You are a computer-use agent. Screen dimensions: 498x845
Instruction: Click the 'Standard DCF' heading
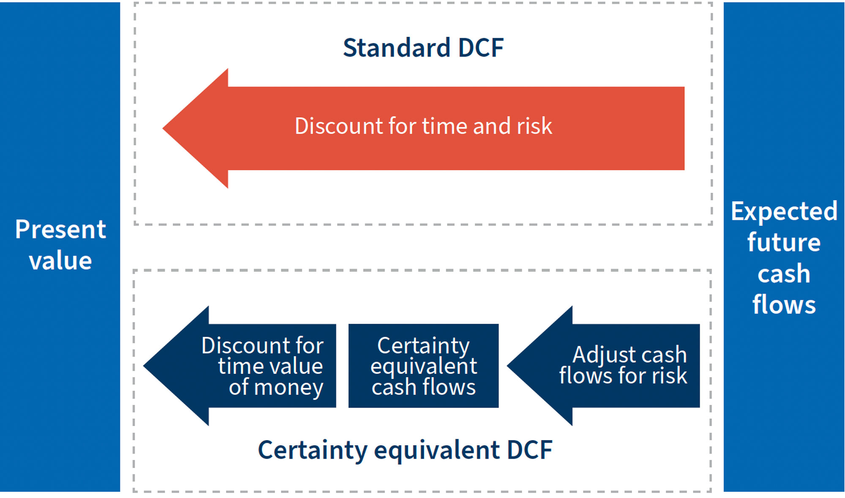(x=423, y=47)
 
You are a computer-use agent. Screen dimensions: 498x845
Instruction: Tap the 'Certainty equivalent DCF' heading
(x=405, y=450)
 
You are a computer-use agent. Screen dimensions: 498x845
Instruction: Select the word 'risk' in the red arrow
(x=534, y=126)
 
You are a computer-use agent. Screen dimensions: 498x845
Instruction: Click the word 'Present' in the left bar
(x=60, y=230)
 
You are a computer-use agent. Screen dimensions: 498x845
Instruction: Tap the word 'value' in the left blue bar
(x=60, y=260)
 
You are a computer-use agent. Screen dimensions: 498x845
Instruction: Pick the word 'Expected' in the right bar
(x=784, y=211)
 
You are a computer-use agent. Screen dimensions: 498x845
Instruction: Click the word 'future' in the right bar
(x=784, y=243)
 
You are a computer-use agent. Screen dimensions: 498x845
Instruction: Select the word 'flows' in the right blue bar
(x=784, y=304)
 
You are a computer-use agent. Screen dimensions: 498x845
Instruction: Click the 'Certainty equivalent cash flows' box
(x=423, y=366)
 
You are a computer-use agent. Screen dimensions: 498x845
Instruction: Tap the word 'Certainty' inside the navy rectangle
(x=423, y=346)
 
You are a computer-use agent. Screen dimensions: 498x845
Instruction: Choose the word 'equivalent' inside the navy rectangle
(x=423, y=366)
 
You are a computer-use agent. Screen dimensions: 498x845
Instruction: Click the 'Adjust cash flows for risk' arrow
(x=613, y=366)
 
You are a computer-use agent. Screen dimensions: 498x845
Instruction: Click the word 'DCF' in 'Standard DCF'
(x=480, y=47)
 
